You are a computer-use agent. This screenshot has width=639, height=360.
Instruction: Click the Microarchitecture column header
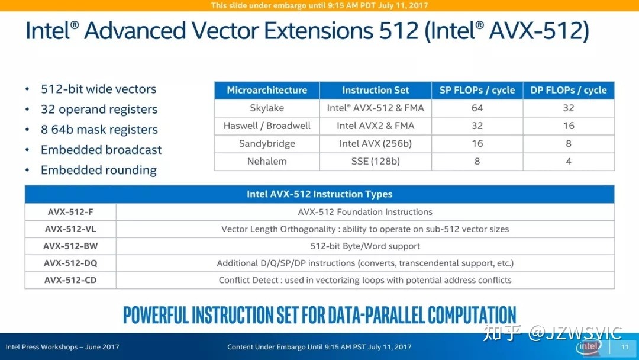pyautogui.click(x=267, y=90)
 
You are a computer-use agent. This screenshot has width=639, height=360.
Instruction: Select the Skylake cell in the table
pyautogui.click(x=267, y=108)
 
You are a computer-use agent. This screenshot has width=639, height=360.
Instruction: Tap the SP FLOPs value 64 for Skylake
pyautogui.click(x=477, y=108)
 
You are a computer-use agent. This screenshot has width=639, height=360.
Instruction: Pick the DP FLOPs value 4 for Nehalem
pyautogui.click(x=569, y=162)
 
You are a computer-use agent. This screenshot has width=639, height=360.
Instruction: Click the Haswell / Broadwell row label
pyautogui.click(x=267, y=126)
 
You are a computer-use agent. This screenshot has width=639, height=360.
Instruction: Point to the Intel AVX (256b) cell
pyautogui.click(x=375, y=143)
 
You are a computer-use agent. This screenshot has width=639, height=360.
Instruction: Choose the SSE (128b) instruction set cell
pyautogui.click(x=375, y=162)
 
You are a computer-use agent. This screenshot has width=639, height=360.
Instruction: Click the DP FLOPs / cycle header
pyautogui.click(x=569, y=90)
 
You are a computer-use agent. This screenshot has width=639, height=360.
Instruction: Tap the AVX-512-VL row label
pyautogui.click(x=70, y=229)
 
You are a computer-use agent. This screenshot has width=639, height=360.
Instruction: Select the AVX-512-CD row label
pyautogui.click(x=70, y=280)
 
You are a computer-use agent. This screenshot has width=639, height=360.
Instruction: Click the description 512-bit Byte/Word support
pyautogui.click(x=365, y=246)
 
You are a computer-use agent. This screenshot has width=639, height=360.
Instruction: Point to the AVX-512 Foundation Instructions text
pyautogui.click(x=365, y=212)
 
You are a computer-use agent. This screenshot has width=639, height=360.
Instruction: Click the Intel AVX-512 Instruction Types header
pyautogui.click(x=319, y=194)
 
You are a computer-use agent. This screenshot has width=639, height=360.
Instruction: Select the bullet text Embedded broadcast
pyautogui.click(x=101, y=150)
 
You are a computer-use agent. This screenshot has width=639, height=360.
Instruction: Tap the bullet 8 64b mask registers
pyautogui.click(x=99, y=130)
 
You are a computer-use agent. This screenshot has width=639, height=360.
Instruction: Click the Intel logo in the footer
pyautogui.click(x=589, y=346)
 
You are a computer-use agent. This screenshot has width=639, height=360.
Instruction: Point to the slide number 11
pyautogui.click(x=625, y=347)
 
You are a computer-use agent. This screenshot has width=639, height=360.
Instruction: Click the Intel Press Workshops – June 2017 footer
pyautogui.click(x=62, y=347)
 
